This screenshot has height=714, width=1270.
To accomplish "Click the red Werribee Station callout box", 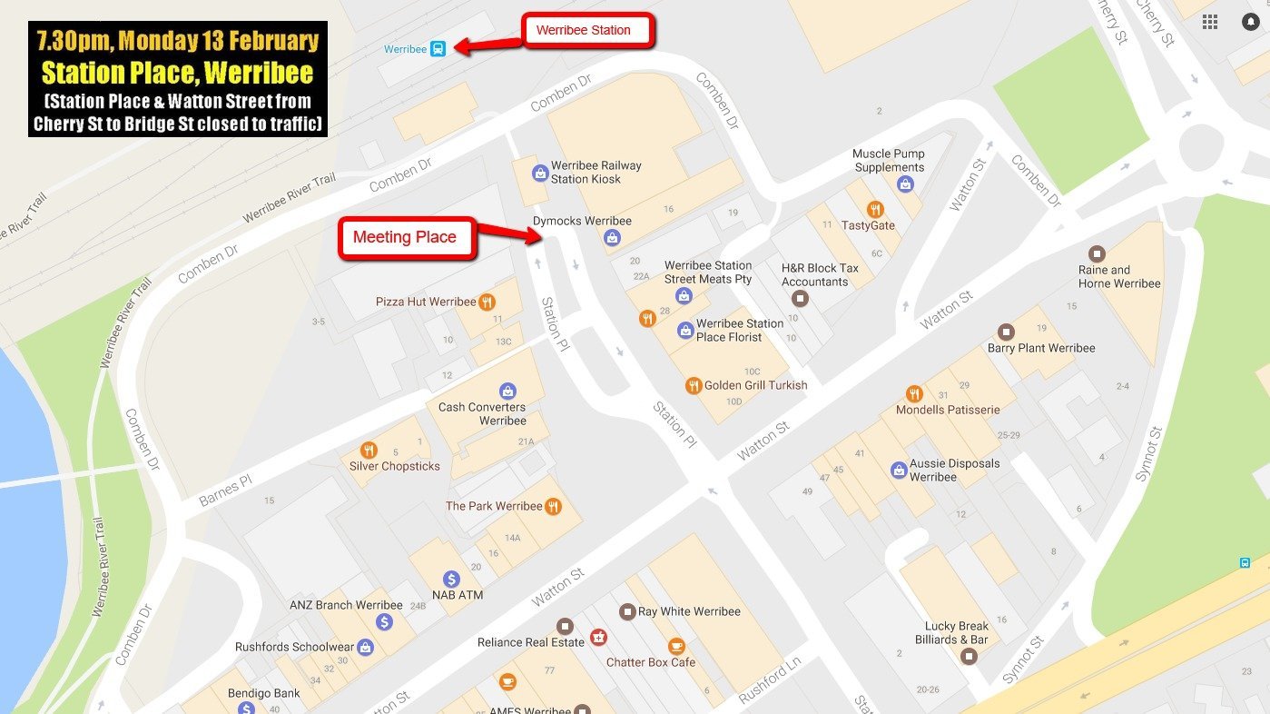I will (588, 30).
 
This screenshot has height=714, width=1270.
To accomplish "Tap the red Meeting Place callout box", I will (406, 237).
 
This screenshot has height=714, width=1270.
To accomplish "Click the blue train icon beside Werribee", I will (438, 49).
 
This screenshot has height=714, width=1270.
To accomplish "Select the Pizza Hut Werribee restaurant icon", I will (487, 302).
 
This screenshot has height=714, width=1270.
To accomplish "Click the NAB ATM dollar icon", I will (451, 579).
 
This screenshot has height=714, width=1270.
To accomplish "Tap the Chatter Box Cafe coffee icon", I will (676, 646).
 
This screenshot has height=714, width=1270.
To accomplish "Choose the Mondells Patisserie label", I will (948, 410).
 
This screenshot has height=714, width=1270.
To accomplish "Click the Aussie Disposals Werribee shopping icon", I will (899, 470).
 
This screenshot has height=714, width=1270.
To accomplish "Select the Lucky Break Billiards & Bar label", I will (956, 632).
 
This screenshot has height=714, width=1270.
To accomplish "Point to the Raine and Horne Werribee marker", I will (1097, 253).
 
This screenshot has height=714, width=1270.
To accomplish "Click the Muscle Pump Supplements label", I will (889, 161).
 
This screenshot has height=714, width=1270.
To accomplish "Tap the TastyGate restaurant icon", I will (875, 209).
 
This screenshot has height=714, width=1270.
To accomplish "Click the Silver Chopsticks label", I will (395, 466).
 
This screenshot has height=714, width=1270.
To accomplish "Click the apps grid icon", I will (1210, 22).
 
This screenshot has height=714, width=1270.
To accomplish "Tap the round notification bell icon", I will (1251, 22).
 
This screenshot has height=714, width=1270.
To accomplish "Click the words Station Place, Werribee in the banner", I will (178, 72).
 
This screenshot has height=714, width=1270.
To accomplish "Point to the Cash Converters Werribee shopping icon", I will (507, 392).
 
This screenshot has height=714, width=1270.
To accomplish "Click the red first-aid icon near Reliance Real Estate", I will (598, 637).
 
